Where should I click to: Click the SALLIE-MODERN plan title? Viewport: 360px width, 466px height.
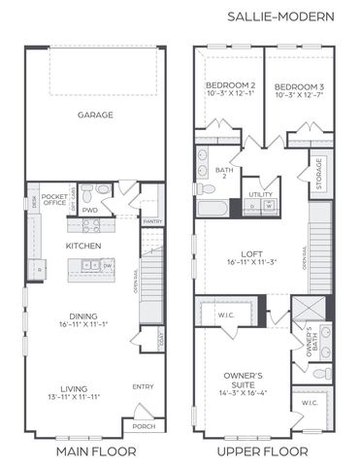(280, 17)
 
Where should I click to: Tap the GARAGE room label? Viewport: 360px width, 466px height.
(95, 115)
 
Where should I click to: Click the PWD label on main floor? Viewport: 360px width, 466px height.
(90, 209)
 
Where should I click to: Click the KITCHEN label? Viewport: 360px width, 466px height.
(83, 247)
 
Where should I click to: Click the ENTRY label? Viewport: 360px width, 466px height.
(143, 387)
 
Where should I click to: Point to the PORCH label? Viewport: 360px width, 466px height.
(144, 426)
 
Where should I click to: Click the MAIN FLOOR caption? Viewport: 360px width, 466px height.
(95, 451)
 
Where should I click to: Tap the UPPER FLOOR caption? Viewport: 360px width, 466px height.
(264, 451)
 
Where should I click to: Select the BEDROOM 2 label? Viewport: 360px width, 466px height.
(230, 85)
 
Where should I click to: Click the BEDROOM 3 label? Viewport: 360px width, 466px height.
(298, 85)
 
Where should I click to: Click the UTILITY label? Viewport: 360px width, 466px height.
(259, 194)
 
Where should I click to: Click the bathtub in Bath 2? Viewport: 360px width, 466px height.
(213, 208)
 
